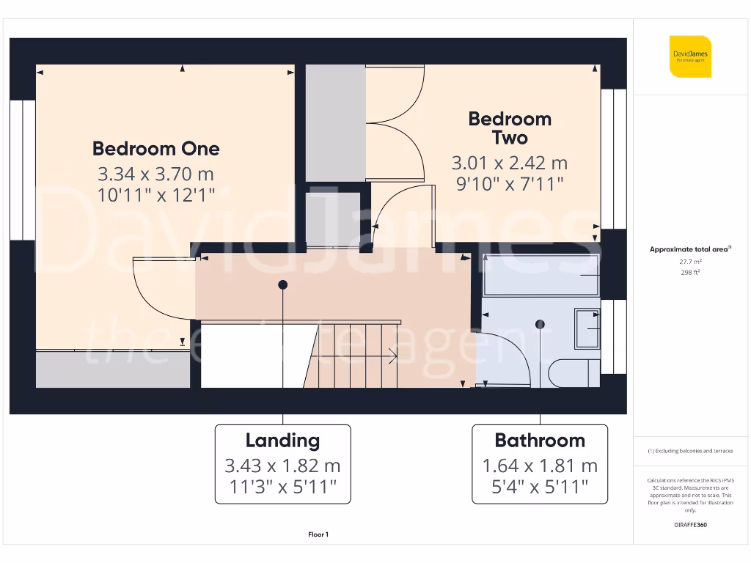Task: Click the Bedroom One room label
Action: (155, 149)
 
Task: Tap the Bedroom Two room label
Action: (509, 128)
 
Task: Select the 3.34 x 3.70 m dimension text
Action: (155, 174)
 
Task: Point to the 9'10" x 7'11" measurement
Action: (509, 183)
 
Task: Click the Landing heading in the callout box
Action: (282, 441)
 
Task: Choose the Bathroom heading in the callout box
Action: (540, 441)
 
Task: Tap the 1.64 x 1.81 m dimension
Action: (540, 466)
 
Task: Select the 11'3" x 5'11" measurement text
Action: (282, 486)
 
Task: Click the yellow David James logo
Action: (690, 56)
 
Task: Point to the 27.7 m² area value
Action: (689, 261)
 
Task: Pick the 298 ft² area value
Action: (689, 272)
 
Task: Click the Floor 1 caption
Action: (318, 535)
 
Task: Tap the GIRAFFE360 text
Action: (689, 525)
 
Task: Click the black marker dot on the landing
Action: (282, 284)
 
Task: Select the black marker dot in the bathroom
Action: (541, 324)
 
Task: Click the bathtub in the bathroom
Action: (541, 276)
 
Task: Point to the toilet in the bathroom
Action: (573, 372)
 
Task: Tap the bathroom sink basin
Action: (587, 328)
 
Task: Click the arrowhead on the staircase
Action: (395, 358)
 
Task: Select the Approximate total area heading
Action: (689, 249)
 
